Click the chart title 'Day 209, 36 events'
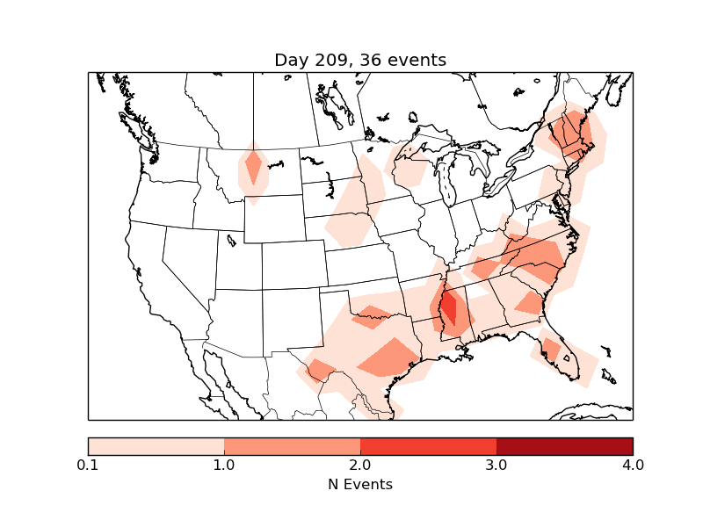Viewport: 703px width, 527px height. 360,60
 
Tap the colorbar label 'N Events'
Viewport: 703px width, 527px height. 360,484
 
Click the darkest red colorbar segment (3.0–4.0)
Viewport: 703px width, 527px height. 564,445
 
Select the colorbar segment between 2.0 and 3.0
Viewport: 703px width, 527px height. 428,445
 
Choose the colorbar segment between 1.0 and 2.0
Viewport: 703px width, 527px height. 292,445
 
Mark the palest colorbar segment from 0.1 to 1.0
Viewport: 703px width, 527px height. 156,445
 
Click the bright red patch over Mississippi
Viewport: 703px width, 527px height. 449,307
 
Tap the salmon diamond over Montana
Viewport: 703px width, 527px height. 254,165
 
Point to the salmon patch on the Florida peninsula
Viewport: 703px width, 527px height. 551,349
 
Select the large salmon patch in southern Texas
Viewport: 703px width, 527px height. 389,357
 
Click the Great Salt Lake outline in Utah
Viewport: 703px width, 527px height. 230,239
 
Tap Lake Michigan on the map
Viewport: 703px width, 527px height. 446,180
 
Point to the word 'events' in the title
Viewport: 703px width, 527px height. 418,60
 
